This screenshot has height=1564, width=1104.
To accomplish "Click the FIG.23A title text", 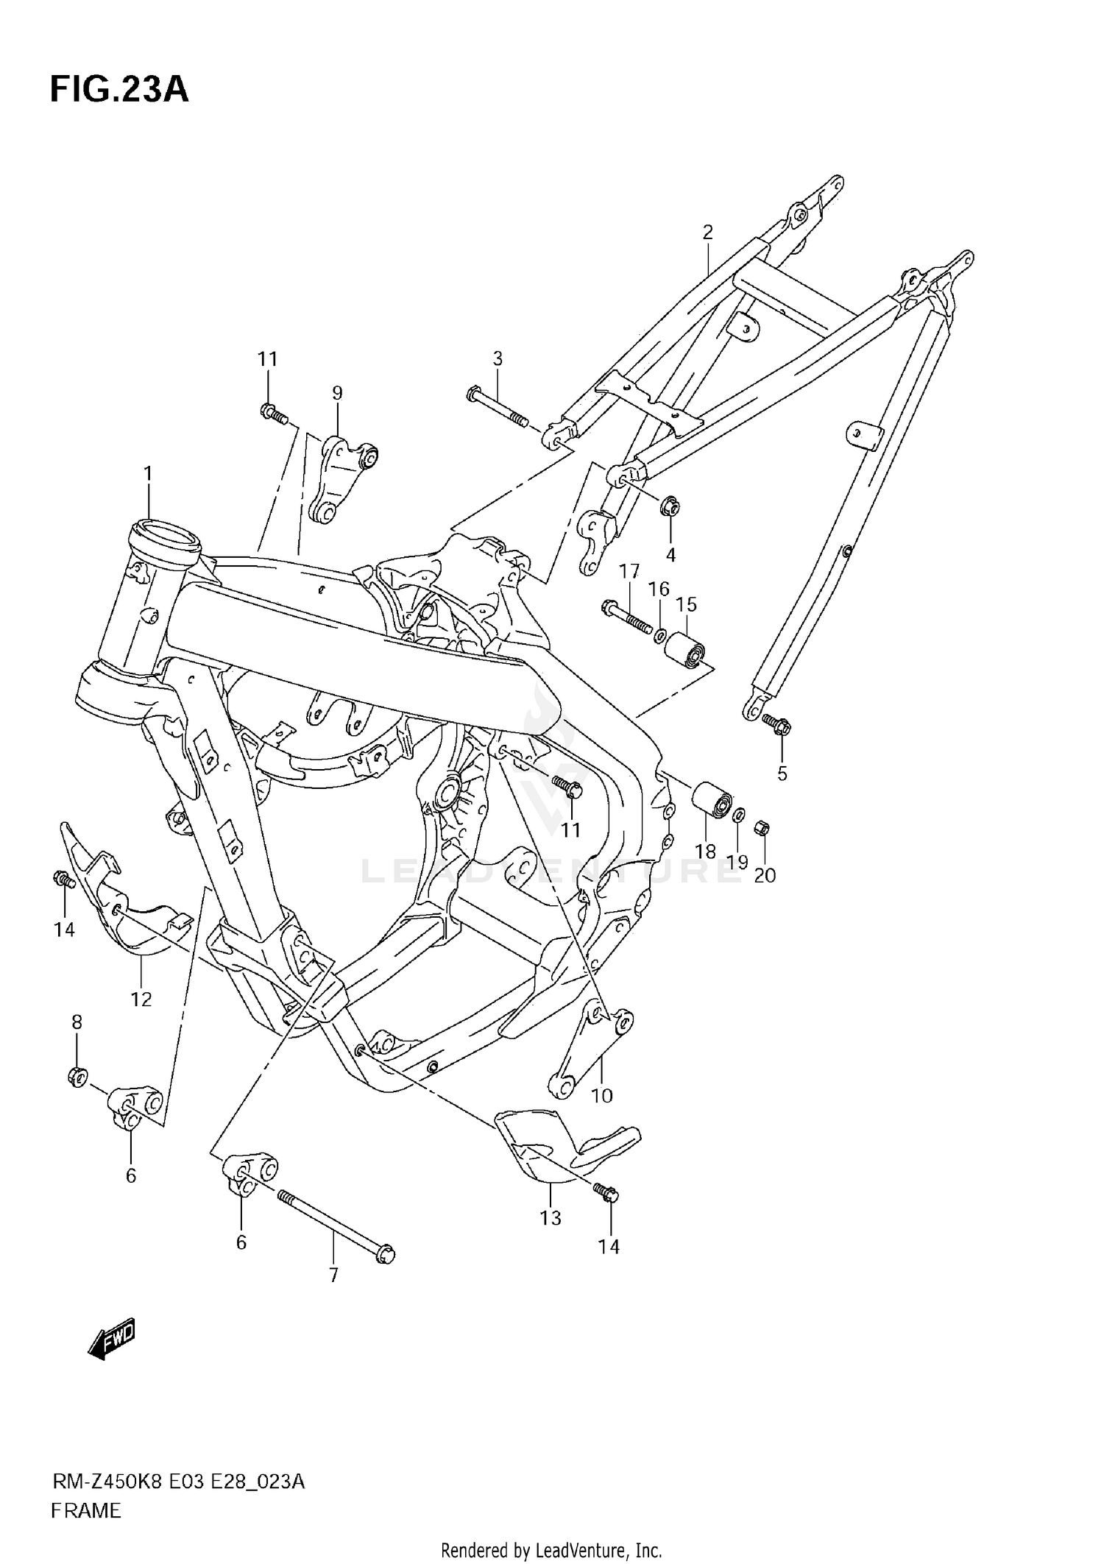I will (119, 90).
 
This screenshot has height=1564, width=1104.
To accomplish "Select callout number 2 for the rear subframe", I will (707, 233).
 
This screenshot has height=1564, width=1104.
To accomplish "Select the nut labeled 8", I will (77, 1076).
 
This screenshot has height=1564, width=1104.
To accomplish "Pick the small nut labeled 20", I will (762, 829).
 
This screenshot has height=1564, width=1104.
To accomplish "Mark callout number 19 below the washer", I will (737, 862).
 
